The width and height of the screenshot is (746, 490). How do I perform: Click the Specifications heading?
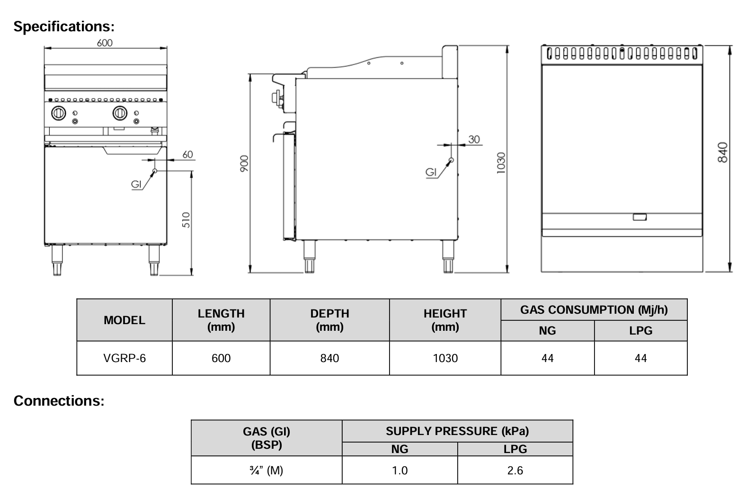point(64,27)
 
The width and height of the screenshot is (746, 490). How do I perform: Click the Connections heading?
point(59,401)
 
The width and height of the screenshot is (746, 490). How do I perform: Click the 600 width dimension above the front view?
point(105,43)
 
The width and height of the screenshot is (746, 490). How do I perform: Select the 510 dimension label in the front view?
point(186,219)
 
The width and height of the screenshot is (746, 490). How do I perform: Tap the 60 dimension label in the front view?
point(187,154)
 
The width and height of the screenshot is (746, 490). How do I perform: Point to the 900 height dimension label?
point(243,163)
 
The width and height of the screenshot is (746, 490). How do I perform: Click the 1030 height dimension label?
point(501,163)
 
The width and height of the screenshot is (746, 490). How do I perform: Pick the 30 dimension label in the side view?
point(474,139)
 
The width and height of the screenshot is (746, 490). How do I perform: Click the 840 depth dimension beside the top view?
point(723,152)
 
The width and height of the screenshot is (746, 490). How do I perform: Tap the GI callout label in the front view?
point(136,184)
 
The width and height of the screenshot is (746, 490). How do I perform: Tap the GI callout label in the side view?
point(431,172)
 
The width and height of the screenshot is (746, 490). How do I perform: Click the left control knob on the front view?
point(58,113)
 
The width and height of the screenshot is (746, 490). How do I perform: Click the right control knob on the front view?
point(119,113)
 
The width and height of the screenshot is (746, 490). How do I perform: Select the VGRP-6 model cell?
point(124,358)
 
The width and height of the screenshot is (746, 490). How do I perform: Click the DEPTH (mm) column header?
point(329,320)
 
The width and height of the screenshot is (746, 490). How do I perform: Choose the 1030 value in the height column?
point(445,358)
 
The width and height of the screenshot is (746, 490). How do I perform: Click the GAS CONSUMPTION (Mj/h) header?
point(594,310)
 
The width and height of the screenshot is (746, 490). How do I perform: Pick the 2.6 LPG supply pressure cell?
point(515,470)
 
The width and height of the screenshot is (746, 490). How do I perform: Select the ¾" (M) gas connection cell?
point(266,470)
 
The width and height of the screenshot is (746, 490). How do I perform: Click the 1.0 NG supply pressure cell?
point(400,470)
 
